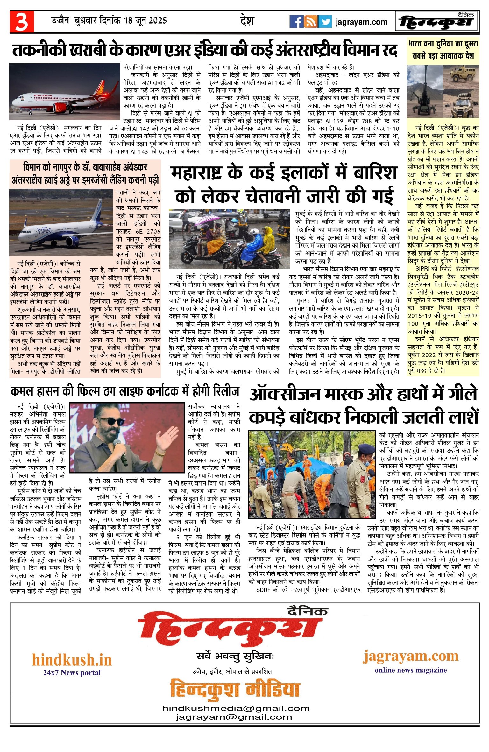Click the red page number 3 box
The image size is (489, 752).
point(22,22)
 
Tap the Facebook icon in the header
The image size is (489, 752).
point(296,22)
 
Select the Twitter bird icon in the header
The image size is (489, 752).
point(325,22)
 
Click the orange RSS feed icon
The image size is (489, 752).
point(310,22)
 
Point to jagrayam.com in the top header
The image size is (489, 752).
point(361,22)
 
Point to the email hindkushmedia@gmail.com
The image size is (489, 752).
point(236,708)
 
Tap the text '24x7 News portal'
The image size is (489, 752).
point(72,672)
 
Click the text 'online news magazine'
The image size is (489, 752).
point(411,670)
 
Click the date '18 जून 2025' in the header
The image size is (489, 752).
point(145,21)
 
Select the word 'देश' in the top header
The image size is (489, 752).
point(247,21)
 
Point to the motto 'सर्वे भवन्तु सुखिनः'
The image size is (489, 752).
point(235,656)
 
